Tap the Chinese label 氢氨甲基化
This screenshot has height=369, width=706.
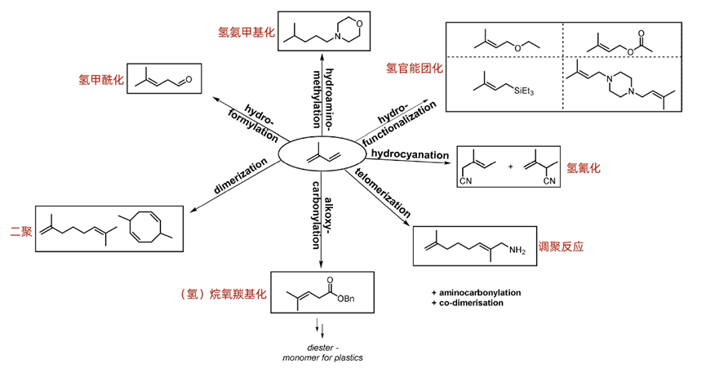coord(246,33)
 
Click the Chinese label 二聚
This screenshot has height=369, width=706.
coord(16,232)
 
